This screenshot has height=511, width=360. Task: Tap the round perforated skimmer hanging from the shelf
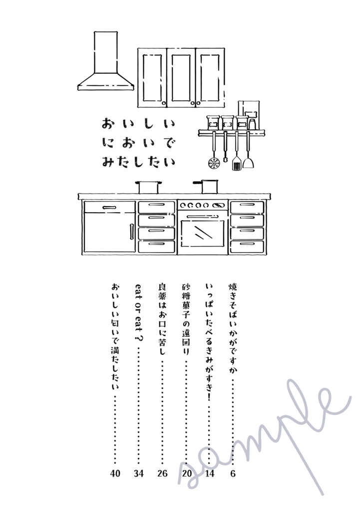(x=214, y=163)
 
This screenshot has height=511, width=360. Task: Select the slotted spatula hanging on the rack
(x=236, y=163)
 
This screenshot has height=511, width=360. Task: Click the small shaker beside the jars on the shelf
(x=252, y=123)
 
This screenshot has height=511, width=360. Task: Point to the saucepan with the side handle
(x=209, y=186)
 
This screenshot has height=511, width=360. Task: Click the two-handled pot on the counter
(x=148, y=187)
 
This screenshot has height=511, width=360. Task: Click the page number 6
(x=233, y=474)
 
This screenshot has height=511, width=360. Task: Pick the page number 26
(x=162, y=474)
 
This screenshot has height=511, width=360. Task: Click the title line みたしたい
(x=138, y=162)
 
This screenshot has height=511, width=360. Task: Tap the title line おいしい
(x=138, y=124)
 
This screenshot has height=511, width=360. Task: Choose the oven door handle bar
(x=202, y=215)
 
